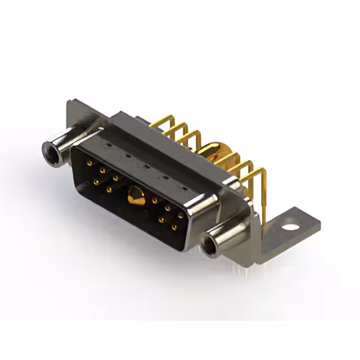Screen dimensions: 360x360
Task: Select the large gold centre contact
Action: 135,196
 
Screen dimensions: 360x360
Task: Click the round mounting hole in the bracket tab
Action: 290,228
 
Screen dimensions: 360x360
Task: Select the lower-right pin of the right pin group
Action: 174,227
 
